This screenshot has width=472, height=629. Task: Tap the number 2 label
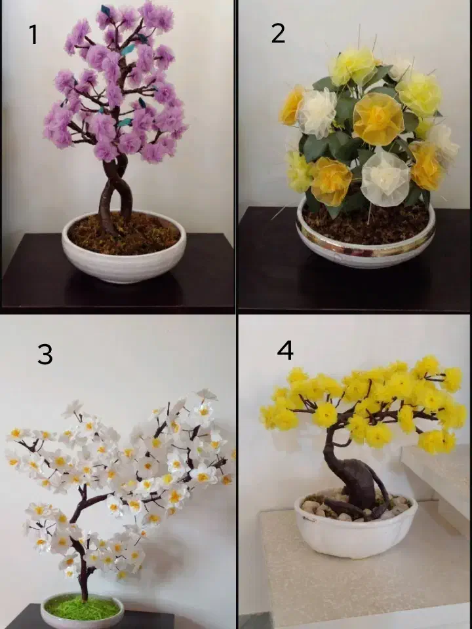coord(278,33)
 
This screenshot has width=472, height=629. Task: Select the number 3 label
coord(45,354)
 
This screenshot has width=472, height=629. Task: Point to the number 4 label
coord(285,350)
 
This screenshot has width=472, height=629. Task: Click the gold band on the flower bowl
coord(365,242)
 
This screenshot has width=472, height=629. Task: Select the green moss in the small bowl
coord(82,608)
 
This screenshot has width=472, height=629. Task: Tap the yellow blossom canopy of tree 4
coord(363,403)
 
